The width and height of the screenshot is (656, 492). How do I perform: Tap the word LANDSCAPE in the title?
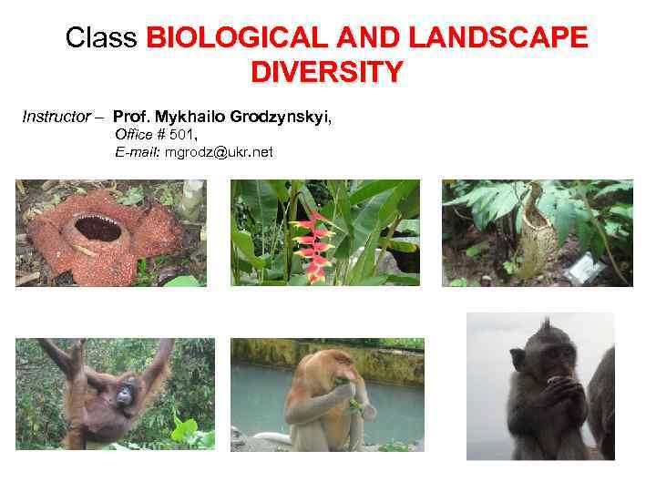(499, 39)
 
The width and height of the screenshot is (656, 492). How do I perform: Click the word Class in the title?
(100, 39)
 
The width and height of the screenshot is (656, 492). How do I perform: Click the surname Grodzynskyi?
(281, 118)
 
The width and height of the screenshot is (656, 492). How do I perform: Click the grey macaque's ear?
(518, 357)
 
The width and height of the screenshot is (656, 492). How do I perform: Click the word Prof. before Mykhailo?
(132, 118)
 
